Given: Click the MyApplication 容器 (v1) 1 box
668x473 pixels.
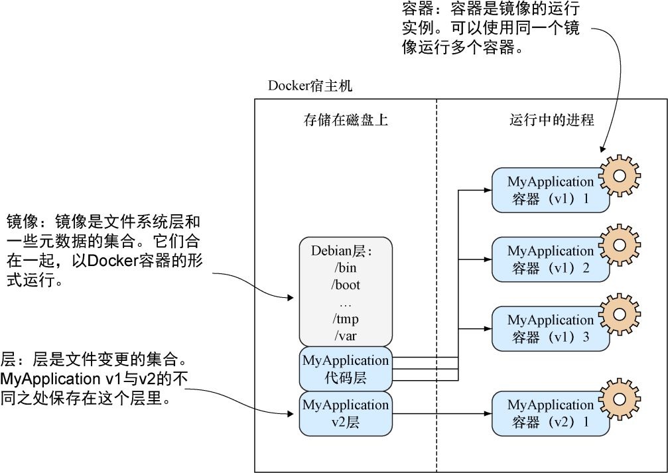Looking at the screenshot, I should (549, 190).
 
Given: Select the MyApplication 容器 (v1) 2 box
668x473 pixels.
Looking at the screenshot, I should (549, 259).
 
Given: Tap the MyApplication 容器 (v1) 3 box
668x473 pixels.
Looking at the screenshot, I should (549, 328).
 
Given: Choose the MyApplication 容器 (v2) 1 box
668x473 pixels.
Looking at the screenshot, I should (549, 413).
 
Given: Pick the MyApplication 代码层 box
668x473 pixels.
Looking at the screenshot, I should (345, 369).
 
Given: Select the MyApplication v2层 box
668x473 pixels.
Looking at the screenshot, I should (345, 413).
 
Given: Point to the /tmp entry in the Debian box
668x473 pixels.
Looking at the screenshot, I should (345, 319).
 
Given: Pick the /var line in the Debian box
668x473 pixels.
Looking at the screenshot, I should (345, 336).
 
